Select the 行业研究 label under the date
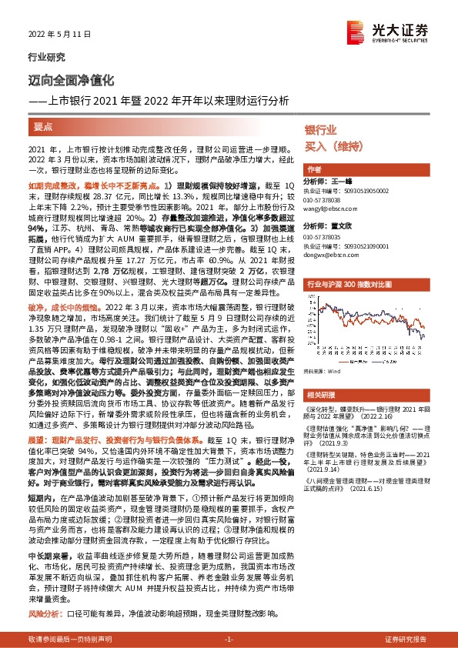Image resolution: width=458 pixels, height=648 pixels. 42,57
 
